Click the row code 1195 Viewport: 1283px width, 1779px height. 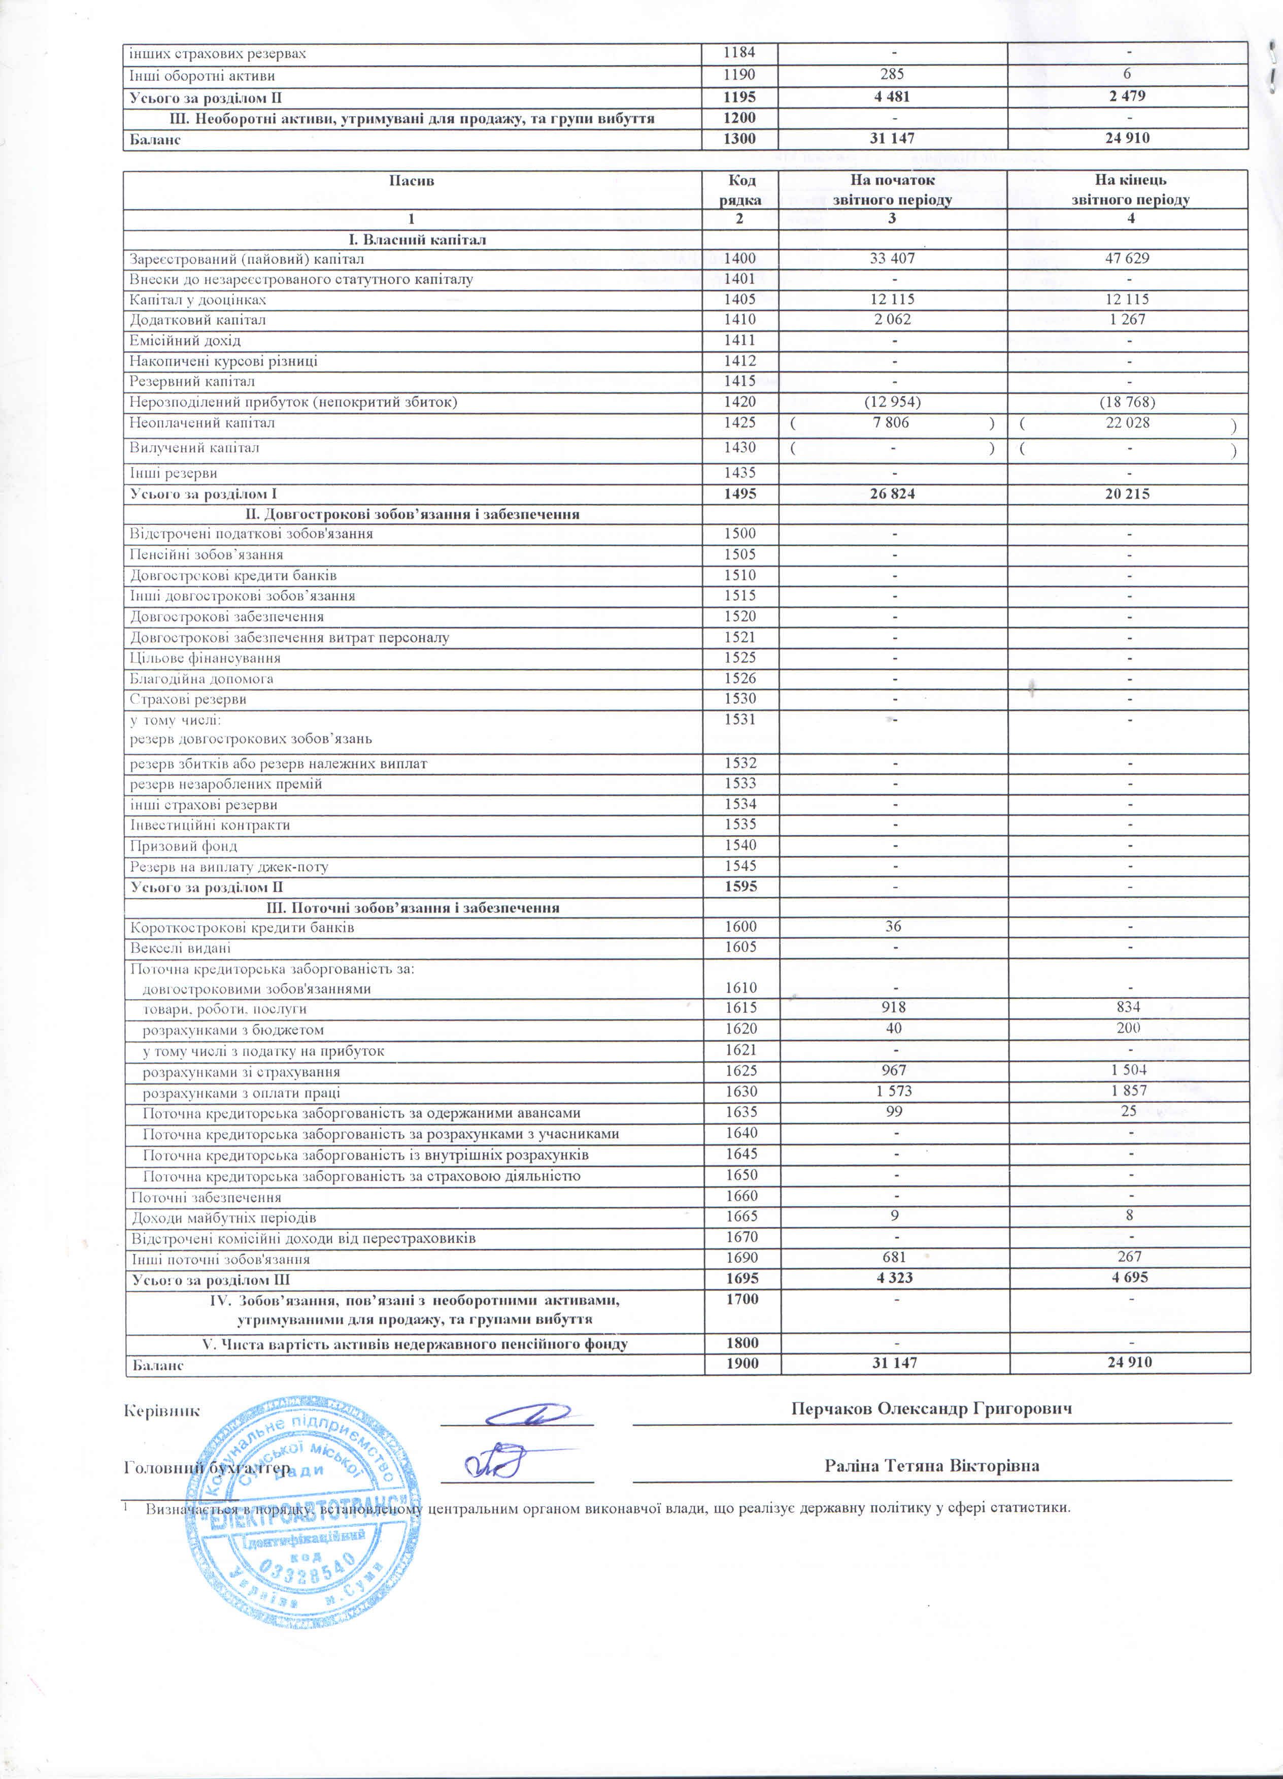pyautogui.click(x=739, y=96)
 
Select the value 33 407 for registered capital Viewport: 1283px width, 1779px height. pyautogui.click(x=892, y=258)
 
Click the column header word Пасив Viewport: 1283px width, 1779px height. pyautogui.click(x=411, y=180)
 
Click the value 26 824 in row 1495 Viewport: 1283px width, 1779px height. pyautogui.click(x=892, y=494)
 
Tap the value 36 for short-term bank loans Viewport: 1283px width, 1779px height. pyautogui.click(x=893, y=927)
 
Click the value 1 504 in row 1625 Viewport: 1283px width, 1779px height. pyautogui.click(x=1129, y=1070)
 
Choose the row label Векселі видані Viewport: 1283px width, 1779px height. pyautogui.click(x=180, y=947)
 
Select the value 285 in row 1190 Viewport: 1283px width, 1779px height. pyautogui.click(x=892, y=75)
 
